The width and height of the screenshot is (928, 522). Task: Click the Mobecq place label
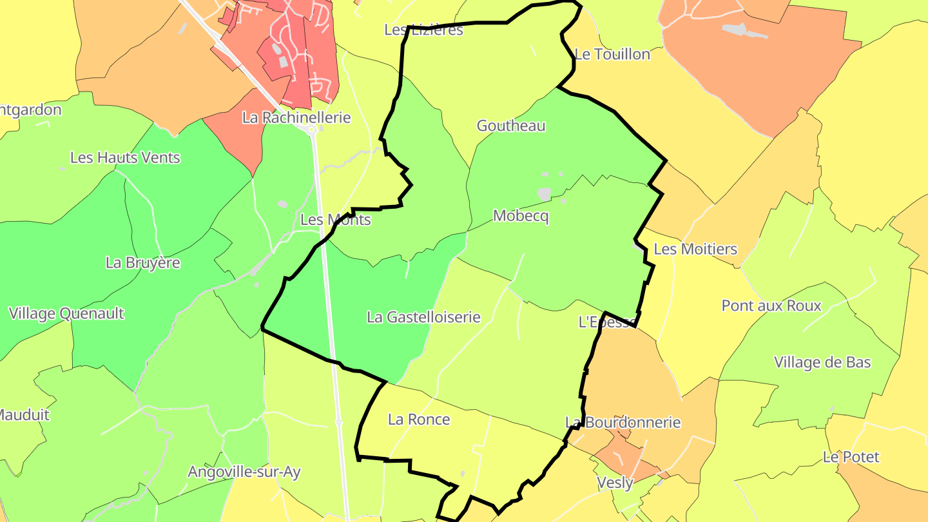pos(521,217)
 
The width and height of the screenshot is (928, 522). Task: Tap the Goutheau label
pos(511,126)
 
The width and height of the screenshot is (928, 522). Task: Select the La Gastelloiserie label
pos(423,317)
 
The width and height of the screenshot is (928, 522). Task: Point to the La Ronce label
pos(419,420)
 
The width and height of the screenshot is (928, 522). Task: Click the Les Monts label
pos(336,220)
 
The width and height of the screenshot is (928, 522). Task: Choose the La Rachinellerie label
pos(296,117)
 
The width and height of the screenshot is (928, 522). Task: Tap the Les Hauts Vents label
pos(125,158)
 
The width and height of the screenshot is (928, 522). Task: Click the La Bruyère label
pos(143,263)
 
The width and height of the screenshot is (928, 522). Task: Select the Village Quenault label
pos(66,314)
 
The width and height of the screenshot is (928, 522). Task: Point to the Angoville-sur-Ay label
pos(244,472)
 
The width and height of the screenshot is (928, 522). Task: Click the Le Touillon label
pos(612,55)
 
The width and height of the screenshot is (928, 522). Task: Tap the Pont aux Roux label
pos(771,305)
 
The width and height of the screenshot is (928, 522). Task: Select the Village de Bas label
pos(822,362)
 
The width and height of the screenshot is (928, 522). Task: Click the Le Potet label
pos(851,457)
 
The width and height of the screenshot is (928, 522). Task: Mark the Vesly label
pos(615,482)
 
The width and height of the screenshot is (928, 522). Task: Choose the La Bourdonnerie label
pos(623,423)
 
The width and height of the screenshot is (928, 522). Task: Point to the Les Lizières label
pos(423,30)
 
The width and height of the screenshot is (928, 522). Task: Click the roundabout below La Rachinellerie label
pos(313,130)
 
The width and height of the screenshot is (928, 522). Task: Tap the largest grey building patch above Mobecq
pos(545,193)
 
